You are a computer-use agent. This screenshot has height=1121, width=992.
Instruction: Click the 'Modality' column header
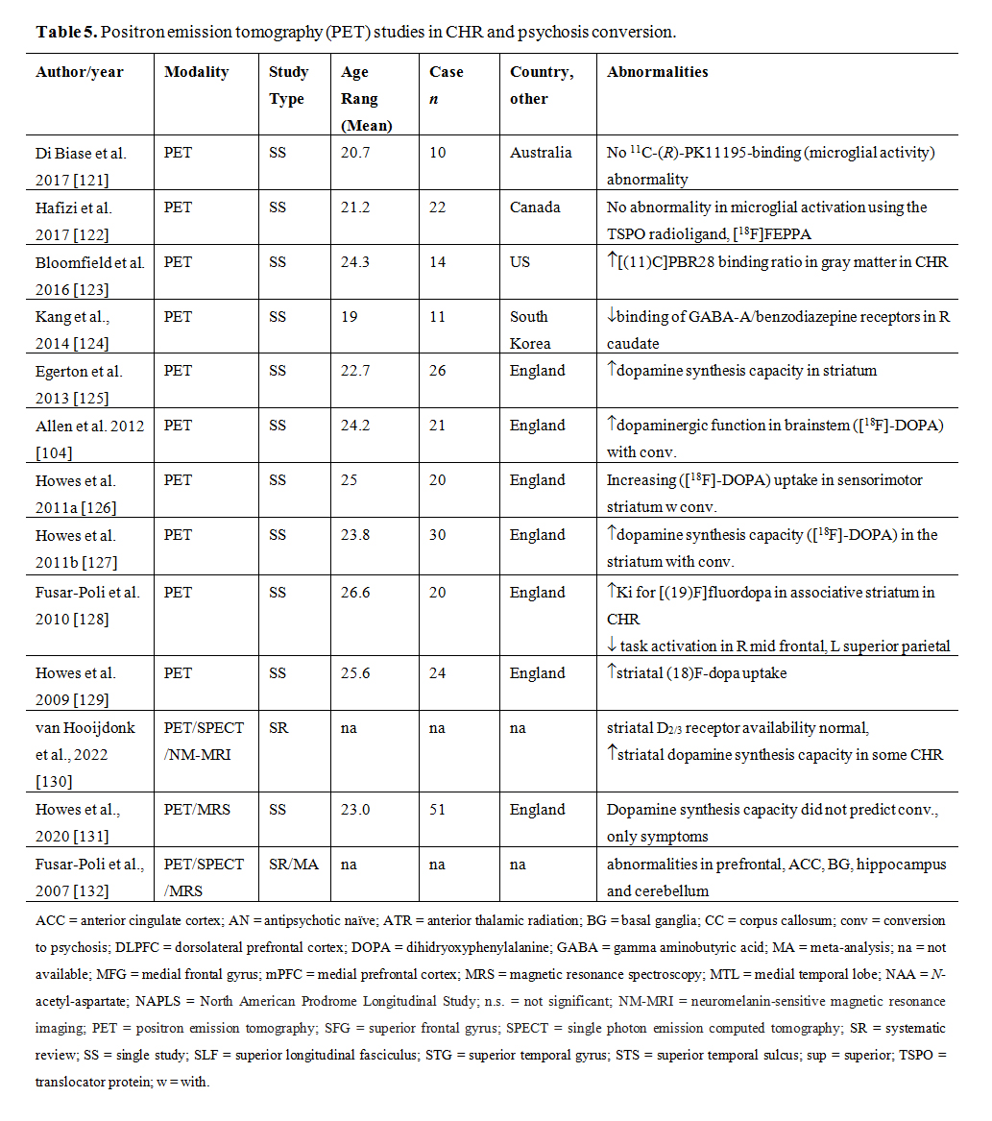click(196, 72)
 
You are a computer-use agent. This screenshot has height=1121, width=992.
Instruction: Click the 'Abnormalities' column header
click(658, 72)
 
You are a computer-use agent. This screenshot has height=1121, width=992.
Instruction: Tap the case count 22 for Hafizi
click(438, 207)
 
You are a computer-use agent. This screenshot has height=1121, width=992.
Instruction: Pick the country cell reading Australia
click(541, 153)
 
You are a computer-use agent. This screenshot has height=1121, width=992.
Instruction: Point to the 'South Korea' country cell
click(530, 329)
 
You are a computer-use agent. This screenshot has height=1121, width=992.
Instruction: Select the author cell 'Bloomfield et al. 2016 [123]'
click(90, 275)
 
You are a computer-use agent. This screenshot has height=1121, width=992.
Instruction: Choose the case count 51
click(438, 810)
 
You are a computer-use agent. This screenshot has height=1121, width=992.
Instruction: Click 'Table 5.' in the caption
click(66, 32)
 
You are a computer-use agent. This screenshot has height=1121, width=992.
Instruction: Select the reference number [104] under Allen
click(54, 451)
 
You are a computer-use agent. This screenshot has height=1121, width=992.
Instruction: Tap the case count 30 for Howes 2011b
click(438, 535)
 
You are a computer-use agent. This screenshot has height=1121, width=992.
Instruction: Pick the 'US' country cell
click(520, 262)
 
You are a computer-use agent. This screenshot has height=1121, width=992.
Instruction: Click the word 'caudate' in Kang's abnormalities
click(633, 343)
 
